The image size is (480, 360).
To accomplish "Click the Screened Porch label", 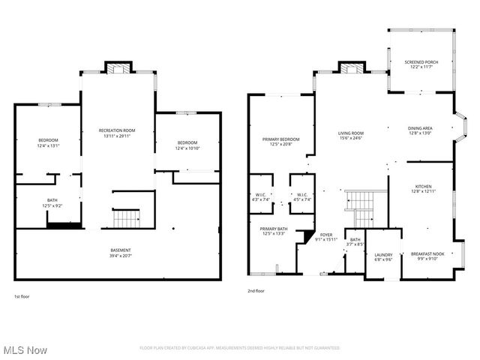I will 421,61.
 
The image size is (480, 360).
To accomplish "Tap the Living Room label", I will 350,133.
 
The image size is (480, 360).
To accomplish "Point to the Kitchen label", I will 420,188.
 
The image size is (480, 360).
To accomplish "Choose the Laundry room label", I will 383,255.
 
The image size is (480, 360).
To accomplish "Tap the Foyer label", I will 326,235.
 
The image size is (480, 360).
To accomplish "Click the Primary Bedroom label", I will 280,139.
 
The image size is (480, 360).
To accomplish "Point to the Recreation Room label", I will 117,130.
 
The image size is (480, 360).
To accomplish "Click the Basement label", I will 121,250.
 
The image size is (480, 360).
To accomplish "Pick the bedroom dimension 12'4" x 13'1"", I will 49,145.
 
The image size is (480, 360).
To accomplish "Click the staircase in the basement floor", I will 126,219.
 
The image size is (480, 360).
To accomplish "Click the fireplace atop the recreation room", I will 117,68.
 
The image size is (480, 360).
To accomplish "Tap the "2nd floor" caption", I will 256,290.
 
